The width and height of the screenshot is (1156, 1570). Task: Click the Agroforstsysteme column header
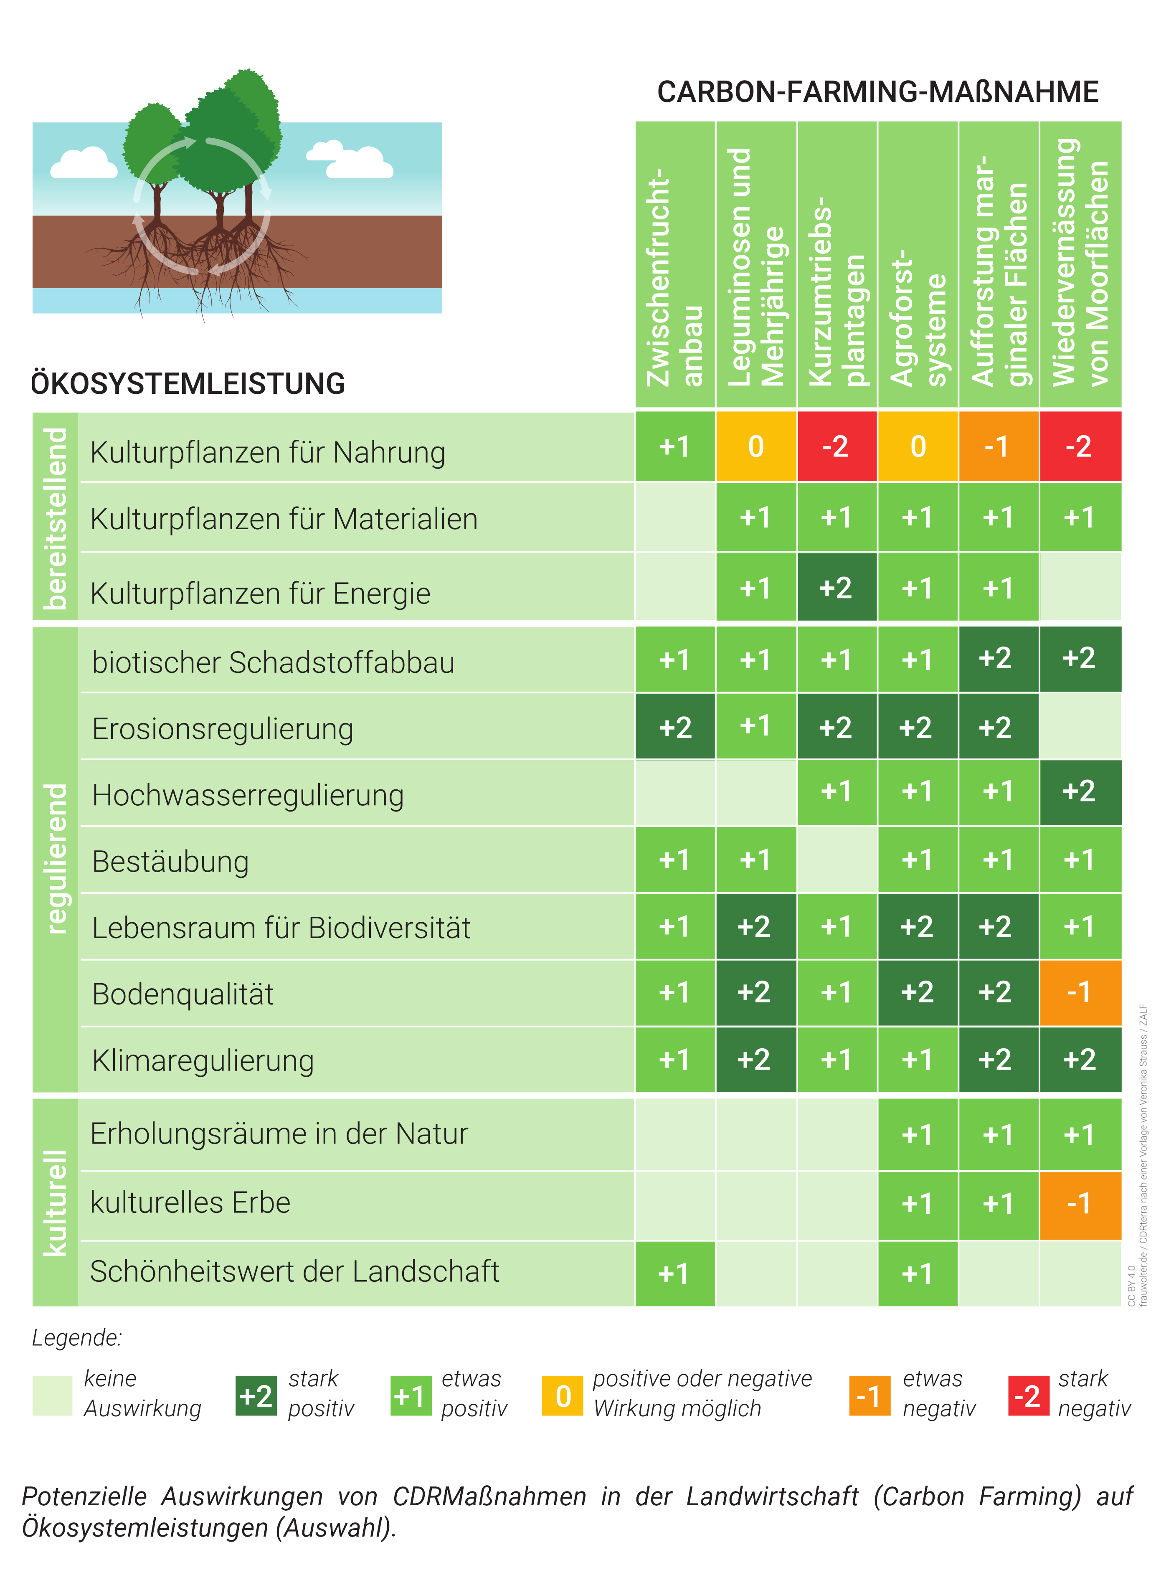(918, 264)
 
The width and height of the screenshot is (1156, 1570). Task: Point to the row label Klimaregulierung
(203, 1060)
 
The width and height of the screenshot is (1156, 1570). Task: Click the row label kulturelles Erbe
(190, 1202)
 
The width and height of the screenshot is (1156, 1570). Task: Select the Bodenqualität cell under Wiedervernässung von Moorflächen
(1080, 992)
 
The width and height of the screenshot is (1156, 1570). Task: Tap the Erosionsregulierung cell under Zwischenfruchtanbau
(674, 727)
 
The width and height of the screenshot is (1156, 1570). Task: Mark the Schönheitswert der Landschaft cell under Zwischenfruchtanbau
(674, 1273)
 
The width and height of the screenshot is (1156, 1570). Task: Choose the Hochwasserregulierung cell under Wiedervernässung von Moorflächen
(1080, 791)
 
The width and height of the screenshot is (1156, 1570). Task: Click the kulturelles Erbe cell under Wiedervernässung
(1080, 1203)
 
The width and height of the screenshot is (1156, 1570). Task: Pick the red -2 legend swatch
(1028, 1396)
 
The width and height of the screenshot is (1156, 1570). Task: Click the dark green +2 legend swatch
(256, 1396)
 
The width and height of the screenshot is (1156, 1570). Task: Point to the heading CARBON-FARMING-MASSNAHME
(877, 91)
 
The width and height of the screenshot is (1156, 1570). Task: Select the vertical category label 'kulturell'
(55, 1202)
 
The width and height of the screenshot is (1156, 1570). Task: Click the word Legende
(77, 1337)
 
